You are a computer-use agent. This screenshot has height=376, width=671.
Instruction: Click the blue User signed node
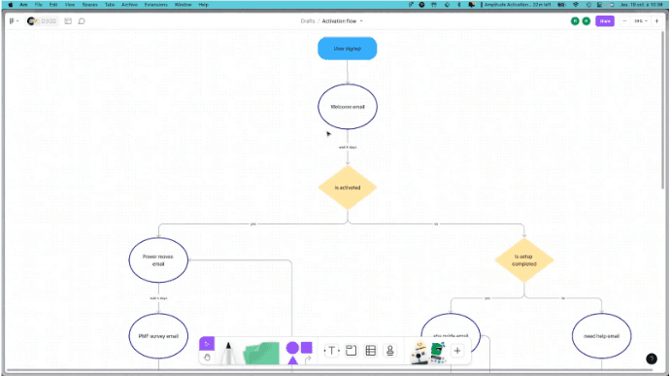pos(347,48)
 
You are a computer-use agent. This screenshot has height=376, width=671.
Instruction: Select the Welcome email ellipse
pos(347,106)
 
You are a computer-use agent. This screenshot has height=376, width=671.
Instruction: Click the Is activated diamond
pos(347,187)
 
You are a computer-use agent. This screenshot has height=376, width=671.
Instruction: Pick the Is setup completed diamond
pos(523,259)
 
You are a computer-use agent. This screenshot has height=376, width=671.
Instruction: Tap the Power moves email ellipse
pos(158,259)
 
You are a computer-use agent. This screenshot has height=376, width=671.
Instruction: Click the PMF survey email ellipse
pos(158,335)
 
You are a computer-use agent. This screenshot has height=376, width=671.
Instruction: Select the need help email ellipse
pos(601,336)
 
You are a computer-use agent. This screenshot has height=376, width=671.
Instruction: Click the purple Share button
pos(605,20)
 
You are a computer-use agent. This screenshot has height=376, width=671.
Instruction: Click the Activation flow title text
pos(339,20)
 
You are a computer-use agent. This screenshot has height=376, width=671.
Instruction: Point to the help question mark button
pos(652,359)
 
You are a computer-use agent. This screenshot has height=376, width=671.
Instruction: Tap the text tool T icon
pos(331,351)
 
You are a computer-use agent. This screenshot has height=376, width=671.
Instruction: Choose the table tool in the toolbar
pos(370,351)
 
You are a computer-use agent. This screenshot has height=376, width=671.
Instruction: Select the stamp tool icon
pos(390,351)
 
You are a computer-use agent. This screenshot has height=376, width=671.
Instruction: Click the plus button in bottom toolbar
pos(457,351)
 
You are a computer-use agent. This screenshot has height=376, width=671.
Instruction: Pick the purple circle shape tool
pos(291,347)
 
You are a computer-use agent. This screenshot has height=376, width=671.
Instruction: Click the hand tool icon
pos(207,358)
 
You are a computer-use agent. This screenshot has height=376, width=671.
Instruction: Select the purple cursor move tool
pos(207,343)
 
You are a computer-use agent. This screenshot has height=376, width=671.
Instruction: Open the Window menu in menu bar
pos(182,5)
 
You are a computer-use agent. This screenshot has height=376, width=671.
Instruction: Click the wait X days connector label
pos(347,147)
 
